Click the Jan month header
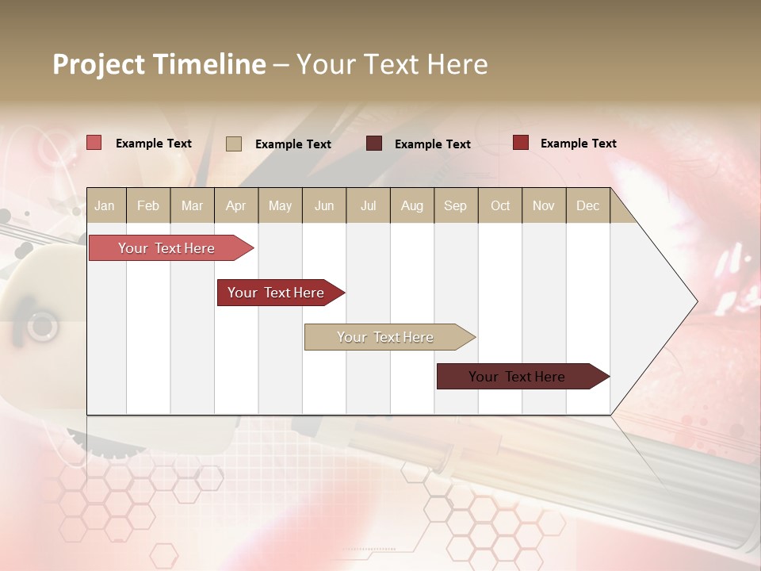pos(105,205)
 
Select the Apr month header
pos(235,205)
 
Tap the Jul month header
pos(368,205)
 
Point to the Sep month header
pos(455,205)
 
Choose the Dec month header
pos(587,205)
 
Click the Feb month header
pos(148,205)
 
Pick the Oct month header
pos(500,205)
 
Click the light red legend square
pos(94,143)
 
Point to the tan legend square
pos(233,144)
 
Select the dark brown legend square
pos(374,144)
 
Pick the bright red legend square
pos(520,143)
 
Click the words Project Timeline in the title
pos(159,64)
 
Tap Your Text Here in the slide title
pos(392,64)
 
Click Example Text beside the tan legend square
pos(293,144)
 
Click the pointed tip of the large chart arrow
pos(695,301)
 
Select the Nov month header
pos(544,205)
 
